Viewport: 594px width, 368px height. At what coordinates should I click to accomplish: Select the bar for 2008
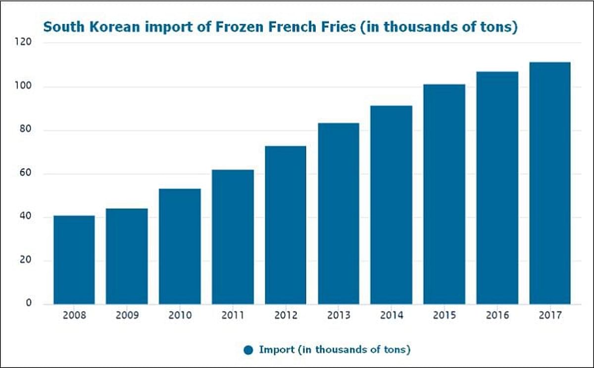pos(74,260)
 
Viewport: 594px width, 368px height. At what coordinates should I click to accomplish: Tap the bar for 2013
pos(339,213)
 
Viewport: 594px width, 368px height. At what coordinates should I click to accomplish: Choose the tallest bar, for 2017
pos(550,183)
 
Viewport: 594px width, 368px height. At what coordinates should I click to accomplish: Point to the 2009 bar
pos(127,256)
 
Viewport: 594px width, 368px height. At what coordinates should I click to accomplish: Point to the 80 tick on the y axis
pos(26,130)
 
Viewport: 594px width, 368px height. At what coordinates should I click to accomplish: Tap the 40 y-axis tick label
pos(26,217)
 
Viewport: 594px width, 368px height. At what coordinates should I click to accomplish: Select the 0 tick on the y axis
pos(28,303)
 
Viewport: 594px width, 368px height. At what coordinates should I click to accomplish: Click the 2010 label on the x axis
pos(180,315)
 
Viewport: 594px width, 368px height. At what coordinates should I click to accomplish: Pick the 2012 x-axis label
pos(286,315)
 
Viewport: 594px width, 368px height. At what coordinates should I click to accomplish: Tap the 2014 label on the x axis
pos(392,315)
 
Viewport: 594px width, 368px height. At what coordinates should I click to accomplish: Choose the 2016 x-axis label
pos(497,315)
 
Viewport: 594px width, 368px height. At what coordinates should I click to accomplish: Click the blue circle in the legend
pos(248,350)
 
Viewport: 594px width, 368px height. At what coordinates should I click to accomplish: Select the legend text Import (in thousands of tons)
pos(335,350)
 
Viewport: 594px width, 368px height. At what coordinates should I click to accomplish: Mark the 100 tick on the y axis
pos(24,87)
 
